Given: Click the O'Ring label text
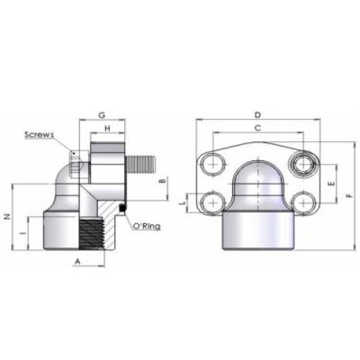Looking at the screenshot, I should click(x=146, y=226).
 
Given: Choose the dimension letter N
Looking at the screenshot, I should click(x=8, y=216).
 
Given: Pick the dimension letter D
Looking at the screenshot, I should click(x=257, y=115).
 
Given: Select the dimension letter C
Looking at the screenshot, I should click(x=257, y=129).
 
